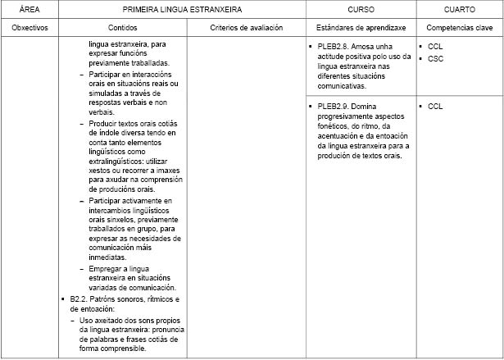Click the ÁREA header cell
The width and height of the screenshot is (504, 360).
coord(31,10)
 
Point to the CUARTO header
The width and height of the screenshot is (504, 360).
coord(459,10)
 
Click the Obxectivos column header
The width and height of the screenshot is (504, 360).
coord(31,27)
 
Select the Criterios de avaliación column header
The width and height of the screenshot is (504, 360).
coord(245,27)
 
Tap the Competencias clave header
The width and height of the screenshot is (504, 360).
coord(459,27)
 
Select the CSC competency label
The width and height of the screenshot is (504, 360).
coord(435,59)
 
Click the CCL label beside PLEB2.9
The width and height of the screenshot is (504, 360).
coord(435,107)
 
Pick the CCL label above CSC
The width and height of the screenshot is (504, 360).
coord(435,48)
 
